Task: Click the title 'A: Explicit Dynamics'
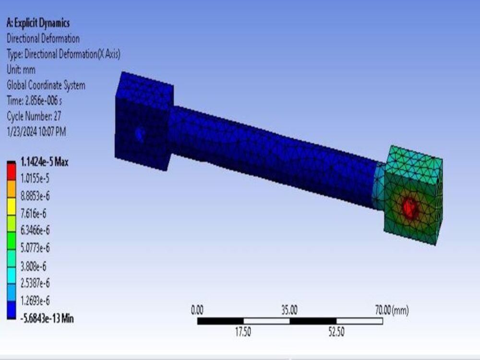tap(38, 23)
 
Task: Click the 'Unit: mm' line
tap(21, 70)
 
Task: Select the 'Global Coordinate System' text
tap(46, 85)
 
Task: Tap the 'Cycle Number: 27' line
tap(34, 116)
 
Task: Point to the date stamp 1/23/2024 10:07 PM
tap(36, 132)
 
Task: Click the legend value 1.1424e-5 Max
tap(45, 162)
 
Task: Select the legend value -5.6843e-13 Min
tap(47, 318)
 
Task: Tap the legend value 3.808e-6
tap(34, 265)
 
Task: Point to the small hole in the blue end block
tap(140, 134)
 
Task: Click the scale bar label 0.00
tap(197, 310)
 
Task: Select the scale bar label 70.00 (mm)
tap(391, 310)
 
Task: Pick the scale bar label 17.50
tap(243, 332)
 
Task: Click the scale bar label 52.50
tap(336, 332)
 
